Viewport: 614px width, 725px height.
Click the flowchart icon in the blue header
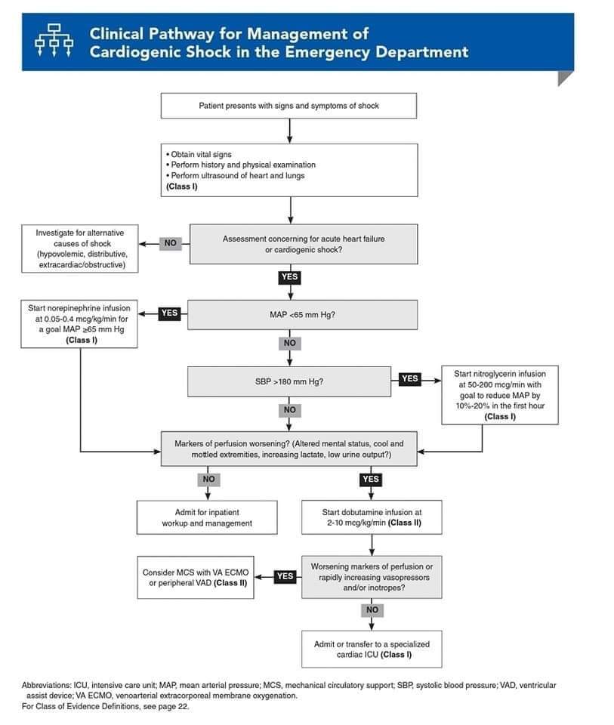point(54,40)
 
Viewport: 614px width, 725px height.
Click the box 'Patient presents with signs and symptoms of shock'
point(288,106)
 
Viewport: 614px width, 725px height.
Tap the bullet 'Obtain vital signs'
point(199,154)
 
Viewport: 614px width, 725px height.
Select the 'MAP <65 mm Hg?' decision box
point(302,315)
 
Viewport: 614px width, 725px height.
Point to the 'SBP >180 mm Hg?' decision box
point(289,382)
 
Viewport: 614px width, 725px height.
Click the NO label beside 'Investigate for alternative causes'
point(170,243)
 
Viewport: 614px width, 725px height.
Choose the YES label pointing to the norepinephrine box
point(169,313)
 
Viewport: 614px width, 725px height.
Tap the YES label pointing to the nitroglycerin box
point(409,378)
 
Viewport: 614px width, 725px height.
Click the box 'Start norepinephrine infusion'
point(79,324)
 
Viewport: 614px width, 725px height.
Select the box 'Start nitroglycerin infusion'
point(500,395)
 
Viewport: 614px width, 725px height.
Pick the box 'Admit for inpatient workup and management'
point(207,518)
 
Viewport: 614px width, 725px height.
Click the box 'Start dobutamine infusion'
point(372,517)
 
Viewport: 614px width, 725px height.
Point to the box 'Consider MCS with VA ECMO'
point(196,578)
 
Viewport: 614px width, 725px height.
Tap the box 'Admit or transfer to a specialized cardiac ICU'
point(372,649)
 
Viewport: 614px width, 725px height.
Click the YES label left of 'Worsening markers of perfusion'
point(285,576)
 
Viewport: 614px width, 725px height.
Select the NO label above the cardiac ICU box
point(372,610)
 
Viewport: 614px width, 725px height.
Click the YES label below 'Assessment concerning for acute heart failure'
point(290,277)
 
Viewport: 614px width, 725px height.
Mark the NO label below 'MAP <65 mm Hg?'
point(290,343)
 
